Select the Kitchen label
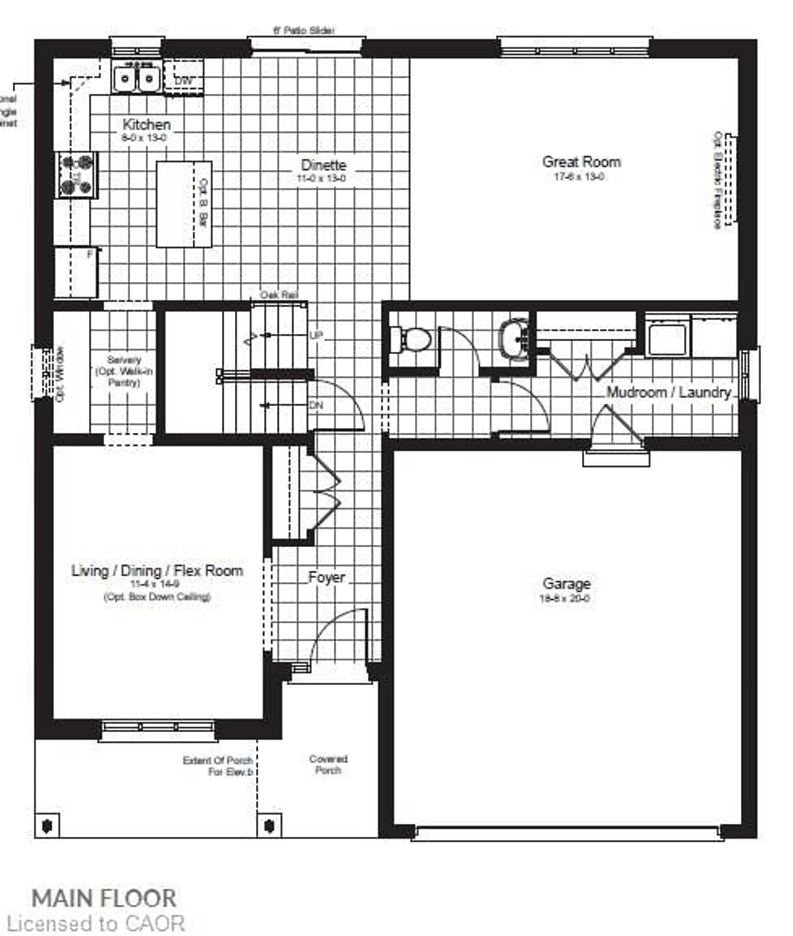click(x=147, y=125)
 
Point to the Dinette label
click(x=323, y=165)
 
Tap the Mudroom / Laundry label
click(x=668, y=392)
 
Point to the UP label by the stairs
click(x=316, y=335)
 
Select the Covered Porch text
click(x=328, y=764)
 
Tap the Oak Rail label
click(x=279, y=295)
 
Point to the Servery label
click(x=124, y=360)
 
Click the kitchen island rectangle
click(x=183, y=204)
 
